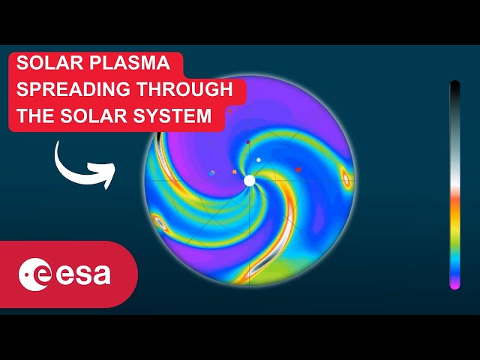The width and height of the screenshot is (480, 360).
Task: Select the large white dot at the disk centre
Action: coord(250,181)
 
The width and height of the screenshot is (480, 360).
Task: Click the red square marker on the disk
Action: coord(298,170)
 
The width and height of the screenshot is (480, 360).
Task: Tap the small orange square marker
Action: coord(235,172)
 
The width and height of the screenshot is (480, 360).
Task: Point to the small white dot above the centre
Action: coord(259,160)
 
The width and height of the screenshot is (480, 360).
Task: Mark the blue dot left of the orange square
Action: coord(212,172)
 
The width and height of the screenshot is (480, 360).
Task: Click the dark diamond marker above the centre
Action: coord(247,141)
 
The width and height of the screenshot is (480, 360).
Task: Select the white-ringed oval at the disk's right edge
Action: coord(346,178)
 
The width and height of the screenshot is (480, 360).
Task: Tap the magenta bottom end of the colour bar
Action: coord(454,283)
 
